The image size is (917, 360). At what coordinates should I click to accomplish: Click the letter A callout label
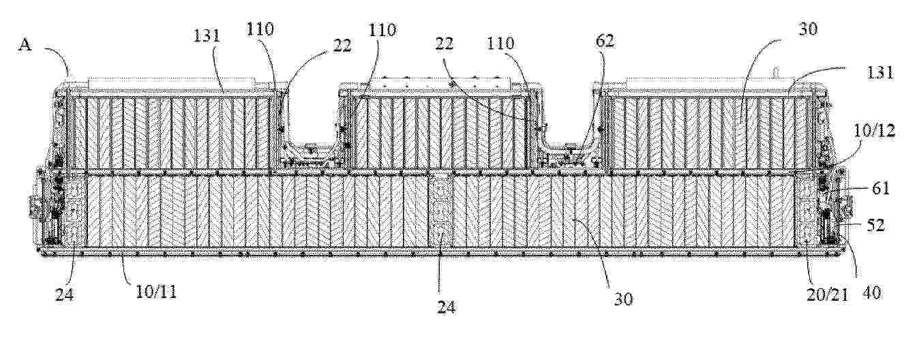click(x=25, y=44)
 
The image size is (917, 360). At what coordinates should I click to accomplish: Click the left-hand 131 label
click(x=207, y=36)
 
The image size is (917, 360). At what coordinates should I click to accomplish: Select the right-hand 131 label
click(x=880, y=72)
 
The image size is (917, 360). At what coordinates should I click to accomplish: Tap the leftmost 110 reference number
click(x=260, y=29)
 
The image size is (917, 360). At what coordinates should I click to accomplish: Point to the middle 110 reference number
click(x=382, y=30)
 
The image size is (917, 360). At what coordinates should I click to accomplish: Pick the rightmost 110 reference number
click(x=500, y=43)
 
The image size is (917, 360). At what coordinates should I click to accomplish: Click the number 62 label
click(x=605, y=42)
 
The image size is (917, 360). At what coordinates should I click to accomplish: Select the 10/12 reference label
click(x=874, y=131)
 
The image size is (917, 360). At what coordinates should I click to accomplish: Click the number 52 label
click(x=875, y=226)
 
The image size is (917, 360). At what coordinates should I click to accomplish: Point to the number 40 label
click(x=871, y=292)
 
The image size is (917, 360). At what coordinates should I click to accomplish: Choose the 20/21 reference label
click(x=827, y=295)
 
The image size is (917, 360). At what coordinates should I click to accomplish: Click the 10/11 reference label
click(x=157, y=292)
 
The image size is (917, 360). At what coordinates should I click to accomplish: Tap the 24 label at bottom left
click(x=64, y=294)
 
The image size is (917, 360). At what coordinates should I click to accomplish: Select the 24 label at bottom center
click(x=446, y=307)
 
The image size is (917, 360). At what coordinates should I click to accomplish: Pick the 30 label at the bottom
click(x=623, y=299)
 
